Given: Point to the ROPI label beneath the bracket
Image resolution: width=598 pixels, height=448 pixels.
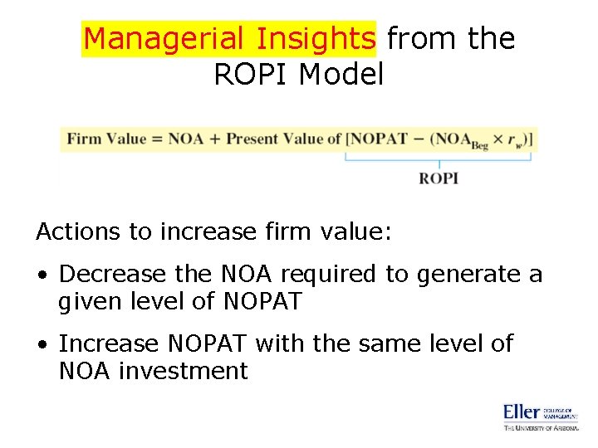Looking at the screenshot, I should (438, 178).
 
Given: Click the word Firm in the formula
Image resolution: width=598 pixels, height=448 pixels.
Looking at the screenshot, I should (84, 139).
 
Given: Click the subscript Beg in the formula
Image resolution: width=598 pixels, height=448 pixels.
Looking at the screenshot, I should (479, 145).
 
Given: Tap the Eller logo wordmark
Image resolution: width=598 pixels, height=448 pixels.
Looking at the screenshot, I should (522, 411).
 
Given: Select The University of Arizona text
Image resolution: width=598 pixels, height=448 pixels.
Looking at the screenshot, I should (540, 427).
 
